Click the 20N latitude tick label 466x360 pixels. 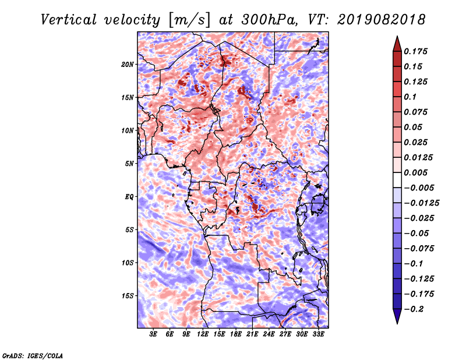(128, 65)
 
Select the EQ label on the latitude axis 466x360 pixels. (129, 197)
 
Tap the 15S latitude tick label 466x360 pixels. (128, 296)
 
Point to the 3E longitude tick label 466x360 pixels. (153, 334)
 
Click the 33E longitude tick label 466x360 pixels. (318, 334)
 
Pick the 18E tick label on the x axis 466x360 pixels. (236, 334)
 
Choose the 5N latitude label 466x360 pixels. (129, 164)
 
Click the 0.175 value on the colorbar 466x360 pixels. (415, 51)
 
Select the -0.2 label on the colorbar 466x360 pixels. (414, 309)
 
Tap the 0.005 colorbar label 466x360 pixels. (415, 172)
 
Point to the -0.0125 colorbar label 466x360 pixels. (421, 203)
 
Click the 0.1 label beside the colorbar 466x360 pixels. (410, 97)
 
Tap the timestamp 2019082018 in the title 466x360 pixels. (382, 20)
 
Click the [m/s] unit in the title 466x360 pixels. (189, 20)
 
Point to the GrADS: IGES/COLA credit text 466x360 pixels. (33, 356)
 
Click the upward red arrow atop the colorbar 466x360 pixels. (397, 44)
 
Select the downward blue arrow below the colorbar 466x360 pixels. (397, 316)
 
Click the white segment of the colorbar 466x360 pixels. (397, 180)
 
